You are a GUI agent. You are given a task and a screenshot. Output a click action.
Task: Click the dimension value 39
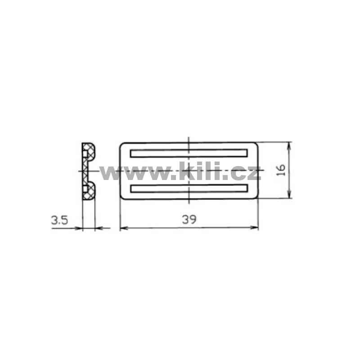[189, 220]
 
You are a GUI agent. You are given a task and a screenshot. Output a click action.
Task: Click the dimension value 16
[281, 170]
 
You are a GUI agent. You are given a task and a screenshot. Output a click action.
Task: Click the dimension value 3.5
[59, 220]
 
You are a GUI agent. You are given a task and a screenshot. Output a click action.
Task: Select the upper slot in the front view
[189, 153]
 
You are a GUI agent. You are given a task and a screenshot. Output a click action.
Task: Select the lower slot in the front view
[189, 188]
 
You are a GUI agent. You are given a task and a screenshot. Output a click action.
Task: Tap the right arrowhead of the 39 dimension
[254, 228]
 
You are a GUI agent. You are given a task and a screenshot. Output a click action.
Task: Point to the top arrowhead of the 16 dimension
[289, 146]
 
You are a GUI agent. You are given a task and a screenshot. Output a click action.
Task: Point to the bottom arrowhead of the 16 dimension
[289, 194]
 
